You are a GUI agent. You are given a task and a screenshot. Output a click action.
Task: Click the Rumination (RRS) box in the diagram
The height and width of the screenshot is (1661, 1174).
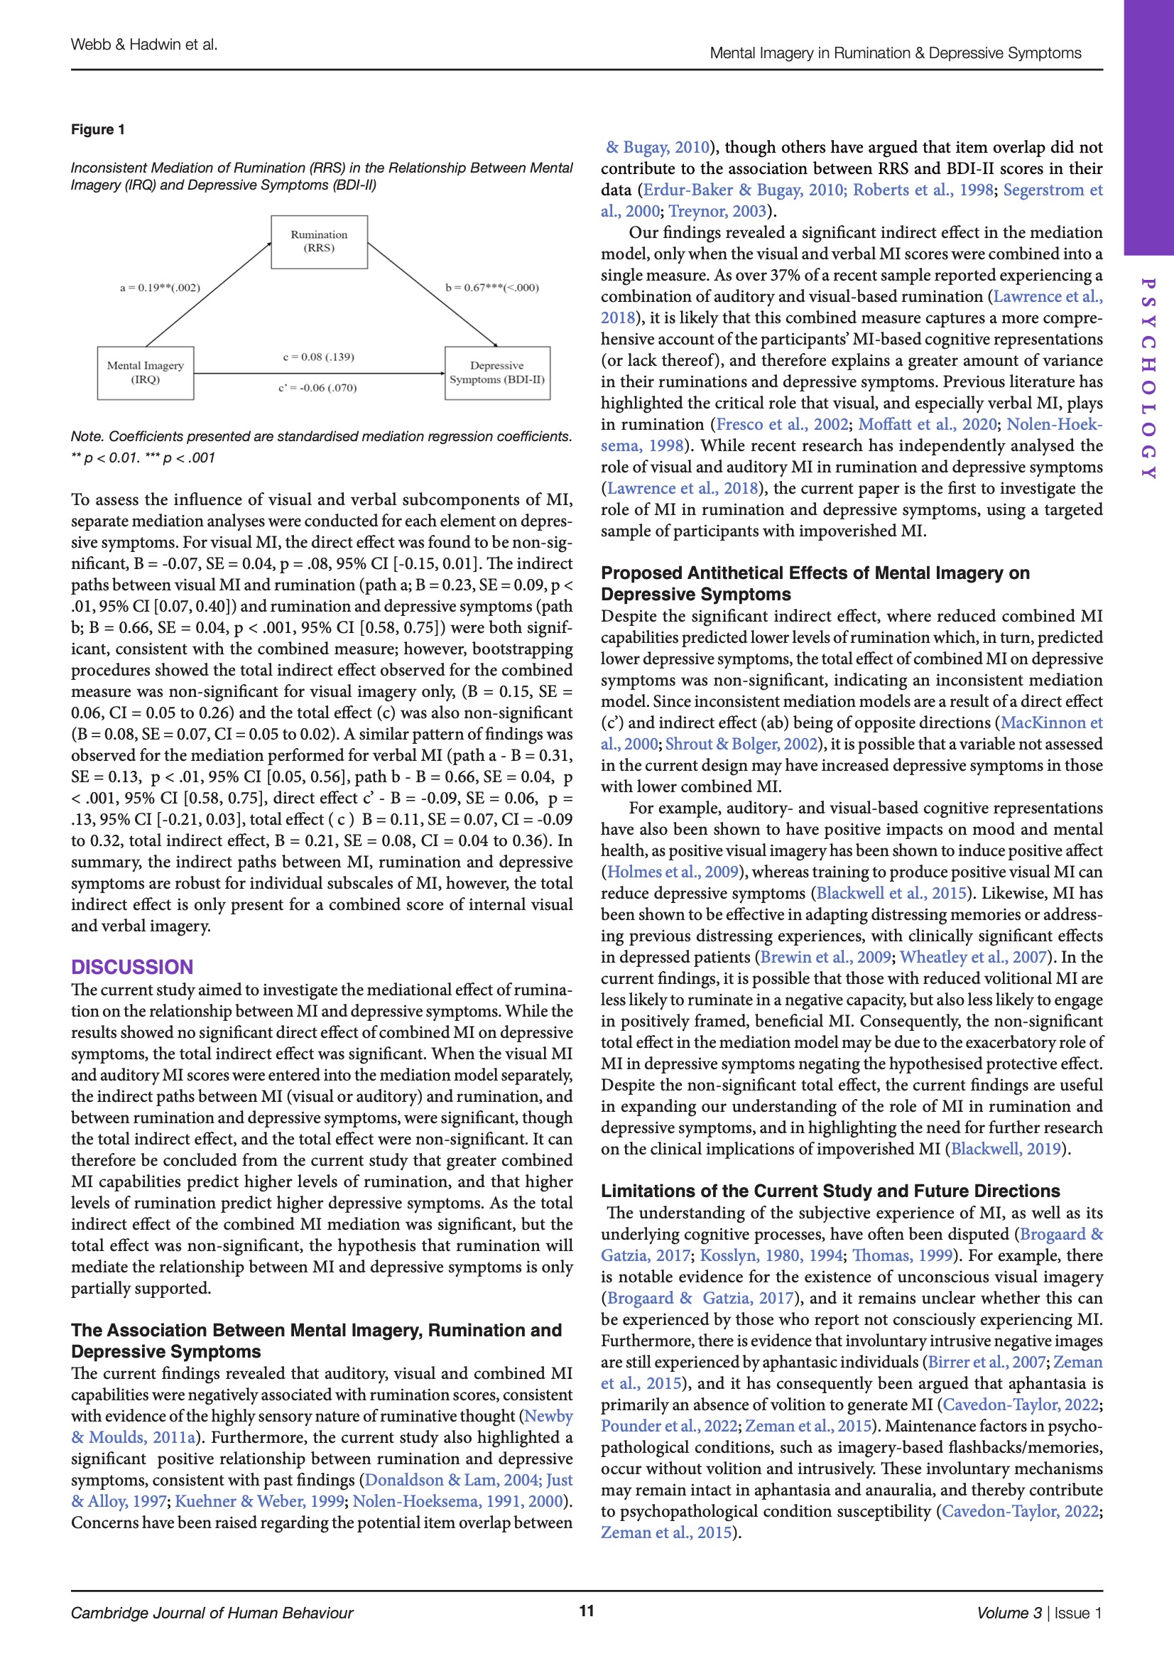tap(319, 242)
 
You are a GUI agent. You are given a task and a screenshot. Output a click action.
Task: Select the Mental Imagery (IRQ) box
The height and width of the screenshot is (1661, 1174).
tap(146, 372)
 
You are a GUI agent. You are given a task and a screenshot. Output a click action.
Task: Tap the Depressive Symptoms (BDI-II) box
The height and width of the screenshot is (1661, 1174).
tap(497, 372)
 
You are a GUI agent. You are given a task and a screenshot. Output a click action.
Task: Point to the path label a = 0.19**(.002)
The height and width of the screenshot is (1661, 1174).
tap(160, 288)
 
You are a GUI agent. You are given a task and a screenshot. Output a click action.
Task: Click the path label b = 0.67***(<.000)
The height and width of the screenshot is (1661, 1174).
tap(492, 288)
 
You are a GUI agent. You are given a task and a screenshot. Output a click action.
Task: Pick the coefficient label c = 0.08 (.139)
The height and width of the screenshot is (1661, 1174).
tap(318, 357)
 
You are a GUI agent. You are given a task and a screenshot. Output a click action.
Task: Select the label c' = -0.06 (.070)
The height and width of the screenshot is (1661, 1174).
tap(317, 388)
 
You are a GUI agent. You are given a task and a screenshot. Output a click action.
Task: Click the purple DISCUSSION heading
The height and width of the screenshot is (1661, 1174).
tap(131, 966)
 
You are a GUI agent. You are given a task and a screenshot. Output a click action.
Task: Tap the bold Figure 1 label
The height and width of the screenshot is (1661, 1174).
tap(97, 129)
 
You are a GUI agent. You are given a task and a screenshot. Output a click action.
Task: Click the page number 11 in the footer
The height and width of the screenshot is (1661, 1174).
tap(587, 1611)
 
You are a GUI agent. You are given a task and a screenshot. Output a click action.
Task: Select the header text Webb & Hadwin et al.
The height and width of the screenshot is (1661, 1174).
tap(144, 45)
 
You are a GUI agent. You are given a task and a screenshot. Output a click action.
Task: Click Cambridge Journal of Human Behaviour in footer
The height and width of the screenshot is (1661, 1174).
tap(212, 1613)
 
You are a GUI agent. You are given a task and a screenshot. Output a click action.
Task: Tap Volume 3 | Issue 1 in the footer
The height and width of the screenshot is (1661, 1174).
tap(1039, 1613)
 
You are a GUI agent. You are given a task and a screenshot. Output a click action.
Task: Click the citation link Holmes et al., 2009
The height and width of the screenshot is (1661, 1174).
tap(672, 872)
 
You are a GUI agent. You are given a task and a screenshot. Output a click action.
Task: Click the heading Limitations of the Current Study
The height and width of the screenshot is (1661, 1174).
tap(830, 1191)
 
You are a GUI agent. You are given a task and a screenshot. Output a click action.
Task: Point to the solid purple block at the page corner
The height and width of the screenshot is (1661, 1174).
tap(1148, 126)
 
